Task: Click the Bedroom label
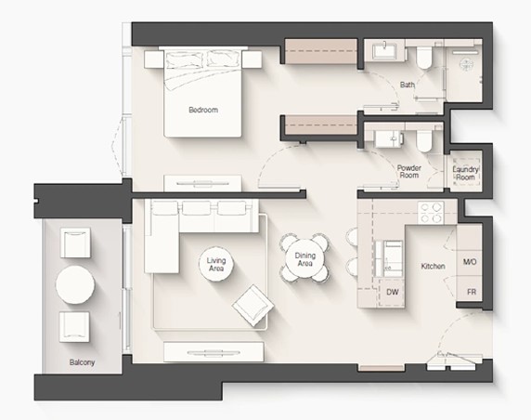[203, 110]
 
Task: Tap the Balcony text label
[82, 362]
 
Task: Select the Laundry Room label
[465, 173]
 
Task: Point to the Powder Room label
[409, 172]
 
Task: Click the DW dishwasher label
[392, 292]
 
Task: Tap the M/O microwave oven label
[470, 262]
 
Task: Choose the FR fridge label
[472, 292]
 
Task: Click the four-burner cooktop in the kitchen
[431, 213]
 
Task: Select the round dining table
[304, 258]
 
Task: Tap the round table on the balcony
[75, 284]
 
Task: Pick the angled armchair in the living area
[253, 306]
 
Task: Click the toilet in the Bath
[423, 56]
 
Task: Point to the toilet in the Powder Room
[423, 140]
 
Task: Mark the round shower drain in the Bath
[467, 64]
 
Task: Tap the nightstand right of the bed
[253, 59]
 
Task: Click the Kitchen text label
[433, 266]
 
